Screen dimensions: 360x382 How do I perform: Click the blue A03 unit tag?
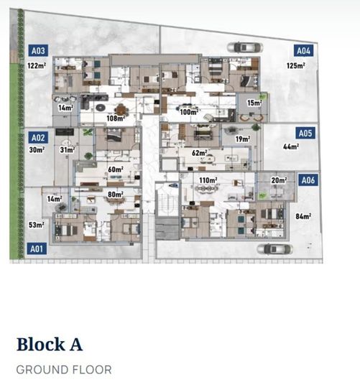(x=38, y=51)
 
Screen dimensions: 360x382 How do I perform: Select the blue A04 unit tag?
(x=303, y=51)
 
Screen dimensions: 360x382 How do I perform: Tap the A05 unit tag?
(x=305, y=134)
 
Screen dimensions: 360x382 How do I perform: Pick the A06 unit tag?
(x=308, y=180)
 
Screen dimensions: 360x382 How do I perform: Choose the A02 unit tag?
(x=38, y=138)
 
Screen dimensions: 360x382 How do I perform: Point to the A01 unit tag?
(x=37, y=248)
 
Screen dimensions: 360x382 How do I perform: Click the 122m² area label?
(x=37, y=65)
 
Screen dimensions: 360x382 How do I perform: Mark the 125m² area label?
(x=295, y=65)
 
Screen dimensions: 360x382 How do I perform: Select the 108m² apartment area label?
(x=116, y=118)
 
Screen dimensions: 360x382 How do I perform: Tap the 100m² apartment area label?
(x=189, y=112)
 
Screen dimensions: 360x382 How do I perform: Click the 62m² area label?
(x=199, y=153)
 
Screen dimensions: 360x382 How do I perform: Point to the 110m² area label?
(x=208, y=180)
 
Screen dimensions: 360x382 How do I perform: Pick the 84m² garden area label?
(x=303, y=216)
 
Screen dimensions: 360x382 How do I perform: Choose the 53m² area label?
(x=37, y=225)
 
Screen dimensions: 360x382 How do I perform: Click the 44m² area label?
(x=291, y=146)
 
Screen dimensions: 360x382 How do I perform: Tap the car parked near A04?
(x=245, y=47)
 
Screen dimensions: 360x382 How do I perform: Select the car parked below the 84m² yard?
(x=274, y=249)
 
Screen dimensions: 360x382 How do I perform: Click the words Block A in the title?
(x=50, y=345)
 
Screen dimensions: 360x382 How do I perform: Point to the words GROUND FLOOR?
(x=64, y=370)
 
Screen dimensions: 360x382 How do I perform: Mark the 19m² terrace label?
(x=243, y=139)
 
